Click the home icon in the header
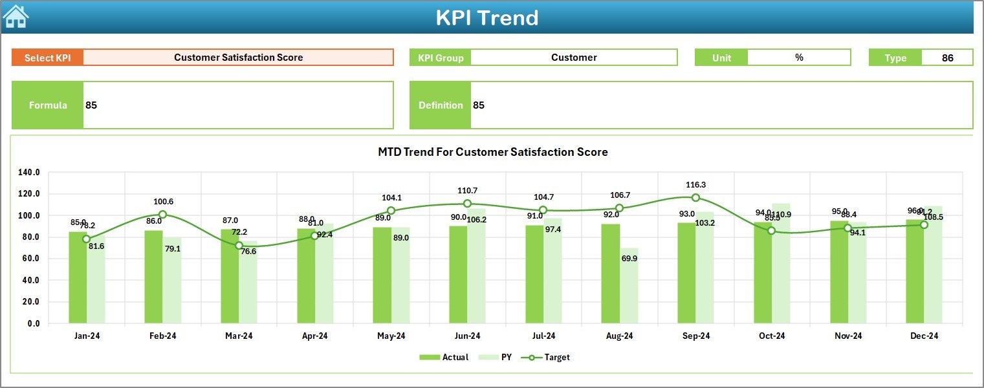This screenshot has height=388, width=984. [x=16, y=17]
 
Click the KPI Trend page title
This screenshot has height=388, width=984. [x=487, y=17]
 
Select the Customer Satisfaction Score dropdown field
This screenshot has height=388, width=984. [x=238, y=58]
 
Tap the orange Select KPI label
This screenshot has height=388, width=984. [x=47, y=58]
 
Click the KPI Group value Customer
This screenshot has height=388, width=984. [x=574, y=58]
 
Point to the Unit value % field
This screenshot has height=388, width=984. [x=799, y=58]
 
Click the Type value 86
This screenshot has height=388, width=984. [x=947, y=58]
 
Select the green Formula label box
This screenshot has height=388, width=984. [x=48, y=105]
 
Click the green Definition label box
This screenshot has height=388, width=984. [x=441, y=105]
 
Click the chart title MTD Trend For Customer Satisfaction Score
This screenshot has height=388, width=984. [x=493, y=152]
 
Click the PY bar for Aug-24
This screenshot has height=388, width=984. [x=629, y=285]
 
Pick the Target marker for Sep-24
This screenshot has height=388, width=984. [x=695, y=197]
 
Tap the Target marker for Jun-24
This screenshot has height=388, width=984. [x=467, y=204]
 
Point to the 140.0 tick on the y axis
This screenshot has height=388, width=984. [x=29, y=173]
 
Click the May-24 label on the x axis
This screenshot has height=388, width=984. [x=391, y=336]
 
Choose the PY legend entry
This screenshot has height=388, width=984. [x=499, y=357]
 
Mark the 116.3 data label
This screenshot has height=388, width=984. [x=696, y=185]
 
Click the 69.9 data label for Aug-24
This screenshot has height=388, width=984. [x=629, y=258]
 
